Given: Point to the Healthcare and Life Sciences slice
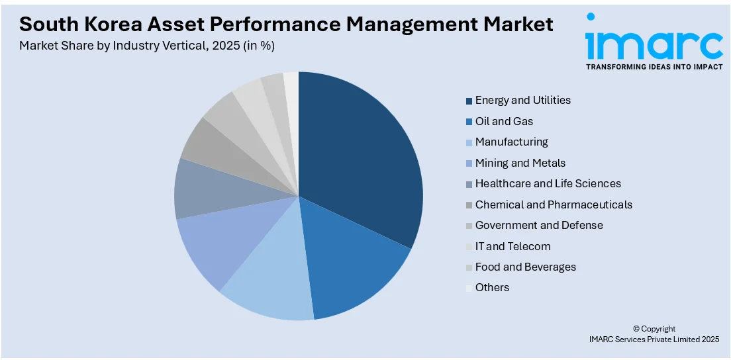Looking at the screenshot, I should [199, 189].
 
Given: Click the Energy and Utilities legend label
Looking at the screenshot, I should [522, 101].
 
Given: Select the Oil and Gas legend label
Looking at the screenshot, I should [504, 122].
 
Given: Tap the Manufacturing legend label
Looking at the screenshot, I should [511, 142].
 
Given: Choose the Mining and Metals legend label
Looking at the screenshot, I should [520, 163].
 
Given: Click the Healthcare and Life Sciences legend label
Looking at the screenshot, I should [548, 184].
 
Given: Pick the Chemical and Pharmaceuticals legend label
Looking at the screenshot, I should [554, 205].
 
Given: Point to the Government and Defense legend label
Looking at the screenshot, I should [539, 226].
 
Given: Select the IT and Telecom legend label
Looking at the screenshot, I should [512, 247].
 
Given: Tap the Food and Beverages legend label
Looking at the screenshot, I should [525, 267].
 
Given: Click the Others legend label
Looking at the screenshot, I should [492, 288].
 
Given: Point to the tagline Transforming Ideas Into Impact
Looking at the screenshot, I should [654, 67].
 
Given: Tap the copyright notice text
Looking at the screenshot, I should [654, 334].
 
